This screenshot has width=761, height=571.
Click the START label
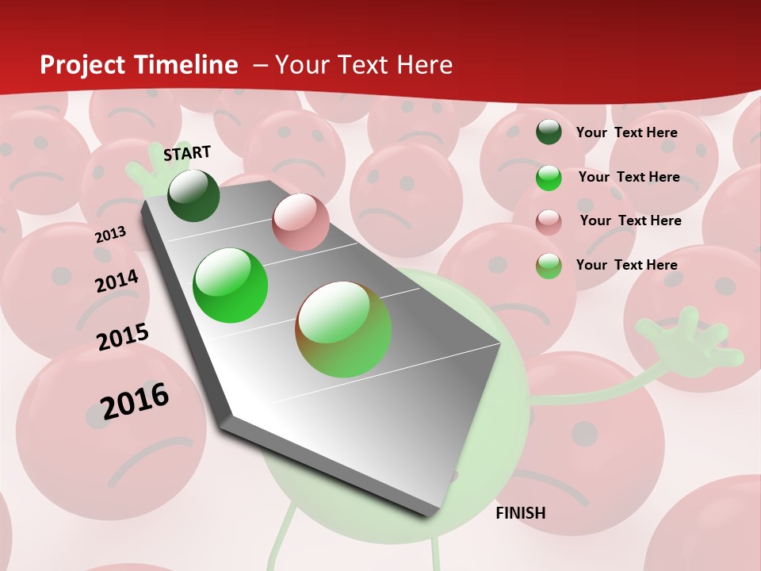point(187,153)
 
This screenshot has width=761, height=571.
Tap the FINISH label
point(521,513)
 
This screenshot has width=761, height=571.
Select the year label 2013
point(111,234)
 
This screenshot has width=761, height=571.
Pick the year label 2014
point(117,281)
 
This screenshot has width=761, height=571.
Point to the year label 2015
point(123,337)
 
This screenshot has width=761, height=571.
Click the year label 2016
point(135,400)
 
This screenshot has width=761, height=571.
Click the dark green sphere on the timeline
point(193,195)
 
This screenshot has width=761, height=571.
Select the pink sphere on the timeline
point(300,222)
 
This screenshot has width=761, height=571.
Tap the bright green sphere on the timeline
point(231,285)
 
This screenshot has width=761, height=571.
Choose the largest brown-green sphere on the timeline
point(343,329)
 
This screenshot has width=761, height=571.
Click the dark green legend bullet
point(549,132)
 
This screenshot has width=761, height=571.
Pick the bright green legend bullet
point(549,178)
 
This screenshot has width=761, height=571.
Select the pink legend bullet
point(549,221)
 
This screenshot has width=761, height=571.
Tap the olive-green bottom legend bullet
point(549,266)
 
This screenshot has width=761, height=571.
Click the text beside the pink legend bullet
point(630,220)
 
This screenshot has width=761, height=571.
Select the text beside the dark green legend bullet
point(626,132)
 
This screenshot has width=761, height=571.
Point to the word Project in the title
point(82,65)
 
